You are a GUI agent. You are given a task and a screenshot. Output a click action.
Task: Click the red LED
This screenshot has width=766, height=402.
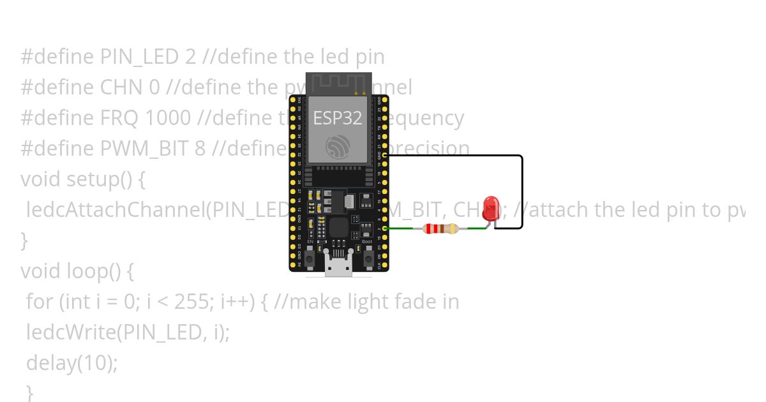click(491, 208)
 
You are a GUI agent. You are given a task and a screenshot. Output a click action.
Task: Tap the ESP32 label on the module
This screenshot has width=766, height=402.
click(337, 118)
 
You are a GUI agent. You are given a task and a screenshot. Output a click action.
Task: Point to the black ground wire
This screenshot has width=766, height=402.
click(522, 191)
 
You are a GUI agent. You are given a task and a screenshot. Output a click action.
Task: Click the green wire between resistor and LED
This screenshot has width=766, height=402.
click(476, 228)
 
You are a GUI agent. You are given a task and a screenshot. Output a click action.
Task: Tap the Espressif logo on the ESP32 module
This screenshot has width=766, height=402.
click(337, 147)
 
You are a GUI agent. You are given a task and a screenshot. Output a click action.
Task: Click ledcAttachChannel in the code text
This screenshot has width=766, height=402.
click(116, 210)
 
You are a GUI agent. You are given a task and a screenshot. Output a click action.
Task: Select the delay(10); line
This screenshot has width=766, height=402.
click(72, 363)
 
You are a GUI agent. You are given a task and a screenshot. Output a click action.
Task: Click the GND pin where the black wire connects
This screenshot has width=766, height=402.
click(385, 155)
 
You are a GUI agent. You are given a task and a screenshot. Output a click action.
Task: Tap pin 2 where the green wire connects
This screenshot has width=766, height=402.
click(385, 228)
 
